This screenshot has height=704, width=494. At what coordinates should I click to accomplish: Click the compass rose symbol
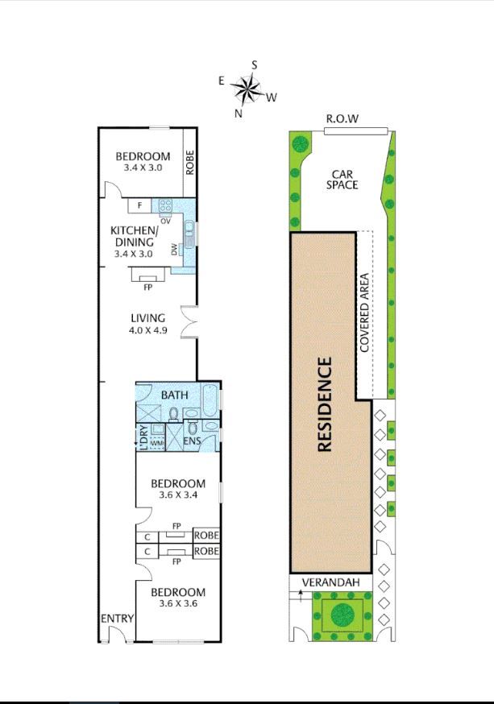coord(246,89)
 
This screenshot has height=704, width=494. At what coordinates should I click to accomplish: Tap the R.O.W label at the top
coord(342,119)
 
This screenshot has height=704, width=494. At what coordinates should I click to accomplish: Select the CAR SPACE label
coord(342,179)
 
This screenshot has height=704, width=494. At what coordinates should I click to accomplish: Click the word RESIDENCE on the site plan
coord(324,404)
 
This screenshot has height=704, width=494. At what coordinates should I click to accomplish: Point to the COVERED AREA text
coord(364,313)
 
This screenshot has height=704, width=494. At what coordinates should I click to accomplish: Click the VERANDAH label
coord(331,582)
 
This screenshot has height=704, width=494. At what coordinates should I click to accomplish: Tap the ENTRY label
coord(117,619)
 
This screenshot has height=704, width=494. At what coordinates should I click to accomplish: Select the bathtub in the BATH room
coord(210,400)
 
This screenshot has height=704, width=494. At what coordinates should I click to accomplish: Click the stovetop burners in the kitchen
coord(165,206)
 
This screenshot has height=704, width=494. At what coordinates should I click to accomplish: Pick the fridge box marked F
coord(139,205)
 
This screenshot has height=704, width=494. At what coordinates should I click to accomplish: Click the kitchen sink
coord(189,234)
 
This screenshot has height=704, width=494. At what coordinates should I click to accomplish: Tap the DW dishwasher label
coord(174,250)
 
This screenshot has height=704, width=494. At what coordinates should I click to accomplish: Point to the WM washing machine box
coord(156,443)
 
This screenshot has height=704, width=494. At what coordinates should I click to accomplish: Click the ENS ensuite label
coord(193,441)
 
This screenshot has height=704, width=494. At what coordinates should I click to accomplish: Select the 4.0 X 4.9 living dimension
coord(148,330)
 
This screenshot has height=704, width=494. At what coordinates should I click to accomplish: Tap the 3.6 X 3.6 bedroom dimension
coord(178,603)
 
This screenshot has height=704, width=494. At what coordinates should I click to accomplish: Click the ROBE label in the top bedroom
coord(190,163)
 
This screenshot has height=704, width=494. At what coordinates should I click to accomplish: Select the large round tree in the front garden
coord(342,615)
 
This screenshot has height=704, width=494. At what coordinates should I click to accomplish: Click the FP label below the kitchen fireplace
coord(147,288)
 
